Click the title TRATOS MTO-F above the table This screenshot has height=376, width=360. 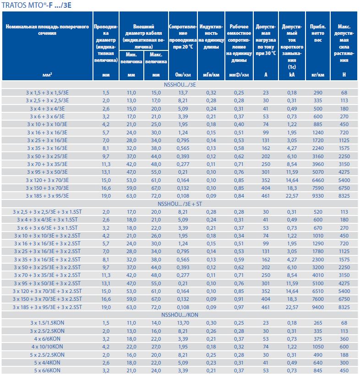pyautogui.click(x=37, y=5)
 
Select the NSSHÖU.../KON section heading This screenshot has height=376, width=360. pyautogui.click(x=180, y=315)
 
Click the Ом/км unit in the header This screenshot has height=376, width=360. pyautogui.click(x=180, y=74)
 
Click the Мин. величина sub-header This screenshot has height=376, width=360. pyautogui.click(x=131, y=58)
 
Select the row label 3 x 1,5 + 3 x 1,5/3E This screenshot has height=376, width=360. pyautogui.click(x=47, y=93)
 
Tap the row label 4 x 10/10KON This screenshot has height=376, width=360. pyautogui.click(x=47, y=346)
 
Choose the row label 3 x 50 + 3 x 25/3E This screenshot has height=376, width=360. pyautogui.click(x=47, y=156)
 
